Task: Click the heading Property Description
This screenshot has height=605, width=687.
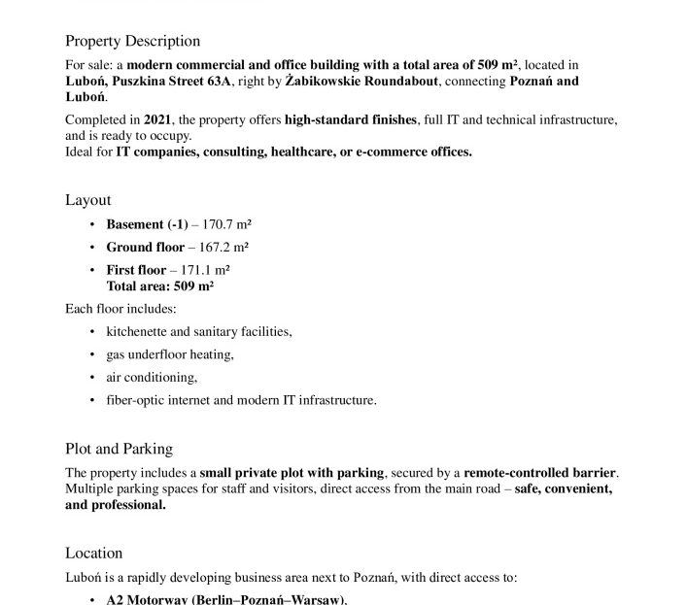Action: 132,41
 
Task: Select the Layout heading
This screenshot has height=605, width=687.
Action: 88,200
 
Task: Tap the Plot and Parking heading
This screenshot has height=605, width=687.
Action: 119,449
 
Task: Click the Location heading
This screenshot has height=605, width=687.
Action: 94,553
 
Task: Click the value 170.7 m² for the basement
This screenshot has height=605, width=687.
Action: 227,224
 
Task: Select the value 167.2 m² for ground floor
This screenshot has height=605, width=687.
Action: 225,247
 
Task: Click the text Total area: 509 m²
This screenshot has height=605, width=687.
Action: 160,286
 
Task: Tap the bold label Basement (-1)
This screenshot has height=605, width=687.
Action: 146,224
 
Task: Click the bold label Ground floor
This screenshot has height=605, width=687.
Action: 145,247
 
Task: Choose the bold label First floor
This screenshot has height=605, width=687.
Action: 136,270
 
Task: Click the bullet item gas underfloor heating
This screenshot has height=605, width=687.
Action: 169,354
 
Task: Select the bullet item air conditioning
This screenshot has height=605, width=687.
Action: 151,377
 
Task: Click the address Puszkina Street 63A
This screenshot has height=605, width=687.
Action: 169,82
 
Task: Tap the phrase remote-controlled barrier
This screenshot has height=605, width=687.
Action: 539,473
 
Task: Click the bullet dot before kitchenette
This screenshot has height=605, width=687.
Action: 92,332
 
